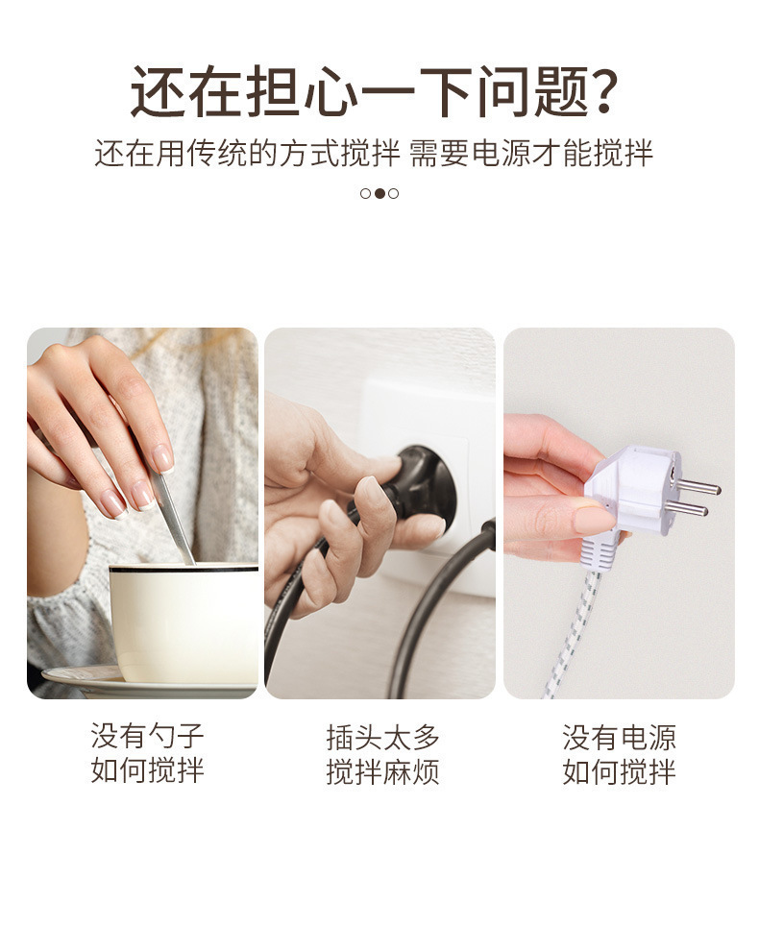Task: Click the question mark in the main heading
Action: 600,92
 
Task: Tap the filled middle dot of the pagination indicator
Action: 379,193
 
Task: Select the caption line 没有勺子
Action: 147,738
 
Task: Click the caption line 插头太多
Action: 382,738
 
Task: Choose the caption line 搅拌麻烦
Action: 382,771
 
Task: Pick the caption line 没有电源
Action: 619,738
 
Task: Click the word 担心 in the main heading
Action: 282,92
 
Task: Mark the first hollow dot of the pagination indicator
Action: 365,193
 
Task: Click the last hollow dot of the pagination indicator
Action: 394,193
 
